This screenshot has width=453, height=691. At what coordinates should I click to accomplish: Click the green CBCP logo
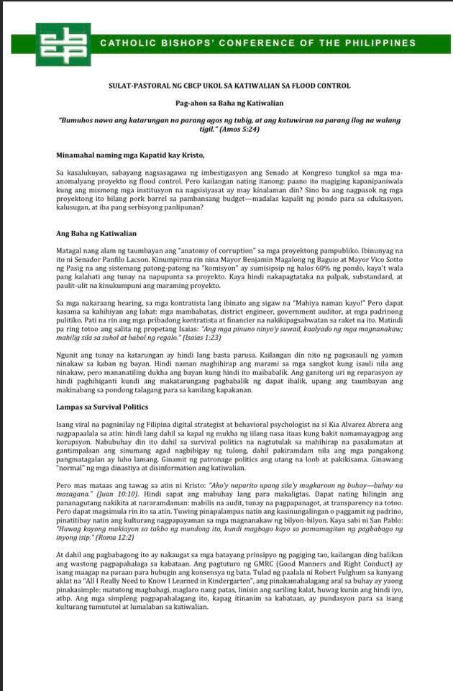63,44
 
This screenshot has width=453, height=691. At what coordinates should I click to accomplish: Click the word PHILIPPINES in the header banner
395,43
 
